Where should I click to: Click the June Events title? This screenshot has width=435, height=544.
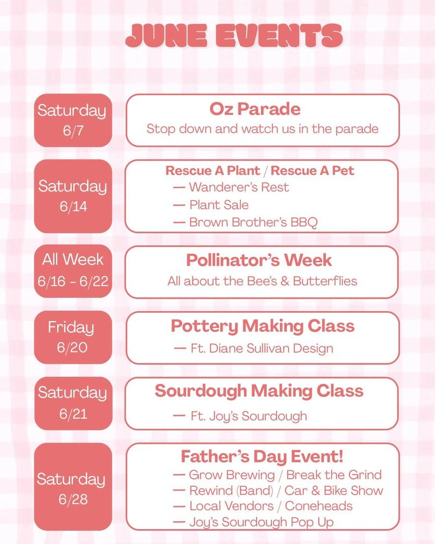[x=234, y=36]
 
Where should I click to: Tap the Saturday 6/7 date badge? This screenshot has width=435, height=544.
[x=73, y=120]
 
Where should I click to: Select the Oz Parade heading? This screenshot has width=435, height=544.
[x=255, y=109]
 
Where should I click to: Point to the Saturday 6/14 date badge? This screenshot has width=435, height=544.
[x=73, y=196]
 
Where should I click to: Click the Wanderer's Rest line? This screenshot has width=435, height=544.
[x=231, y=187]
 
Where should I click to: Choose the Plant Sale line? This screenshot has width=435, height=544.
[x=211, y=205]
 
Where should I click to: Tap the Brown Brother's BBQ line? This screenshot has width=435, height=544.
[x=245, y=222]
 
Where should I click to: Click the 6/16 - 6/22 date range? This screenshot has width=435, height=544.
[x=73, y=281]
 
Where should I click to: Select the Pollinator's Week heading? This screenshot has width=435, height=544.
[x=259, y=260]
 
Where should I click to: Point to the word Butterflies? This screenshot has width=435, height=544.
[x=325, y=281]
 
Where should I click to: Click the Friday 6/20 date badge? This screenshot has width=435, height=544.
[x=73, y=337]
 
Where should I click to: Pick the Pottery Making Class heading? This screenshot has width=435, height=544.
[x=263, y=326]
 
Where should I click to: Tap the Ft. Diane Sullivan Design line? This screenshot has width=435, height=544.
[x=253, y=348]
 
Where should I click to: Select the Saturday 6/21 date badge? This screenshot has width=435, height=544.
[x=73, y=403]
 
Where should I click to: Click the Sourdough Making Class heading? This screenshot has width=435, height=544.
[x=259, y=391]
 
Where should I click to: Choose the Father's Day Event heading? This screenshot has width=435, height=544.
[x=262, y=456]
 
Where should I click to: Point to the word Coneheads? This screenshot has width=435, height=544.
[x=319, y=506]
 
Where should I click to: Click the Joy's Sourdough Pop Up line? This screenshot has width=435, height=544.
[x=253, y=522]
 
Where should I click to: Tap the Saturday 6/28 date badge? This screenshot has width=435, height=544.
[x=73, y=486]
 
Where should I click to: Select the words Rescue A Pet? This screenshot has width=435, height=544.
[x=312, y=170]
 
